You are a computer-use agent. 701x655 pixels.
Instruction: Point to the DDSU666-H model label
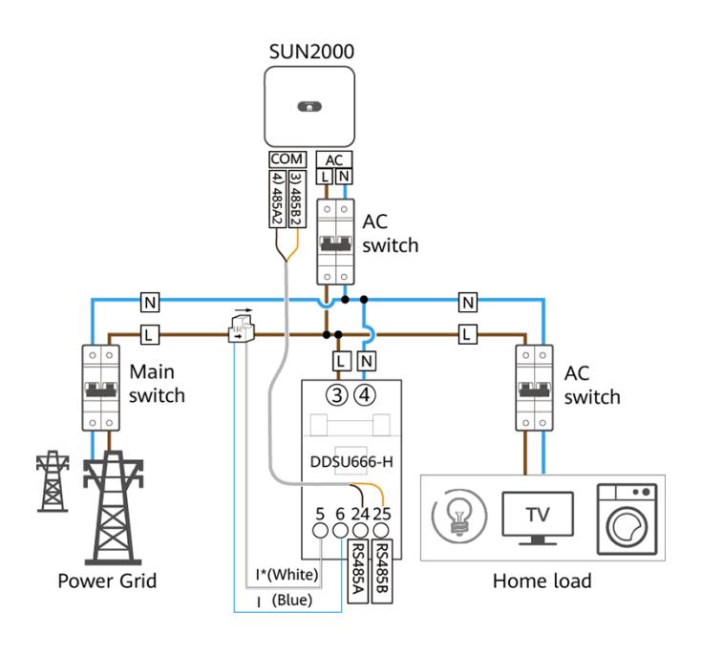coord(351,461)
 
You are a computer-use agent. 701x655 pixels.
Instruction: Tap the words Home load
coord(542,581)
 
